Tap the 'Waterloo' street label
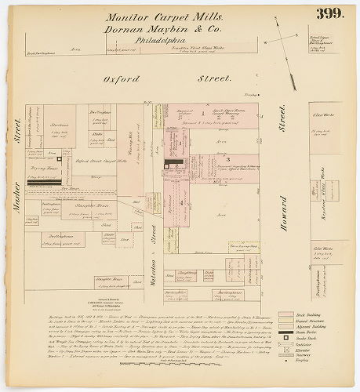coord(154,243)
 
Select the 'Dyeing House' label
coord(43,169)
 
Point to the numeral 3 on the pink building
coord(227,159)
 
